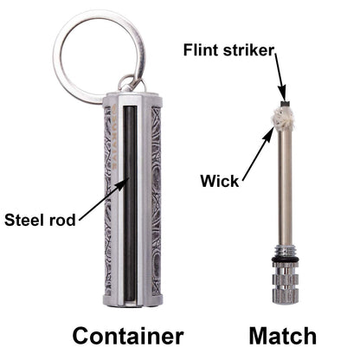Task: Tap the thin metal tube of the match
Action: (x=283, y=190)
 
